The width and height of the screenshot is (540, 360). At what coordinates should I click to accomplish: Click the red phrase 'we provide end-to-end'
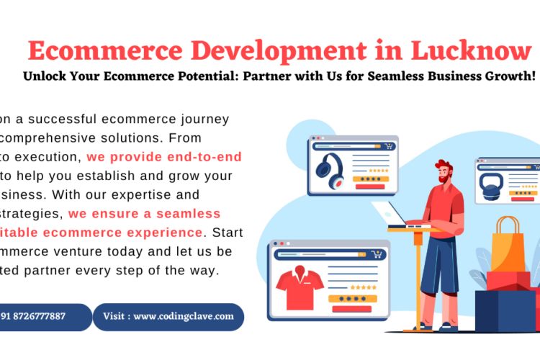click(x=164, y=156)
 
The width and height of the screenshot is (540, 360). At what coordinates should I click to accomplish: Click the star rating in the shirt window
click(x=364, y=286)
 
